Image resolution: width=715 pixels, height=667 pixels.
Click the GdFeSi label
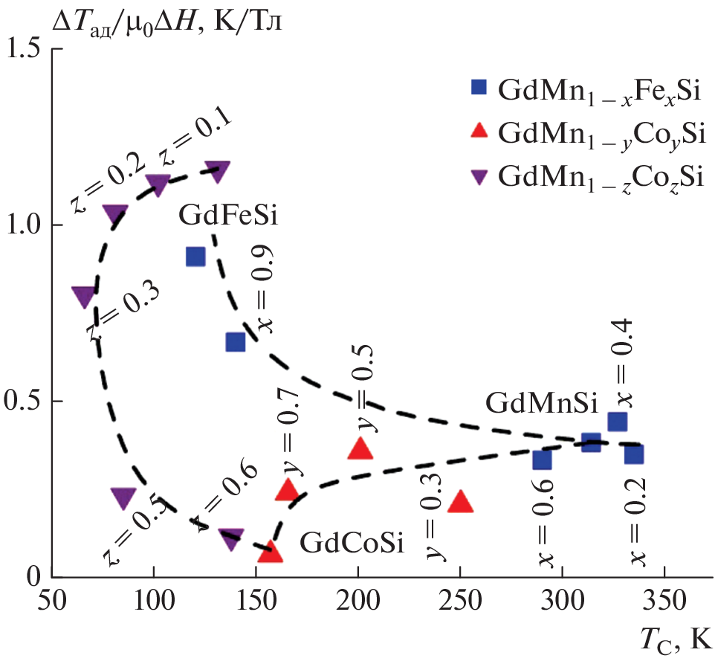coord(227,217)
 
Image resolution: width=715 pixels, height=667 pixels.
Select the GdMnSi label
coord(542,405)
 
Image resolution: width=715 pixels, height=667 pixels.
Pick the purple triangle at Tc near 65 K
coord(84,297)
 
